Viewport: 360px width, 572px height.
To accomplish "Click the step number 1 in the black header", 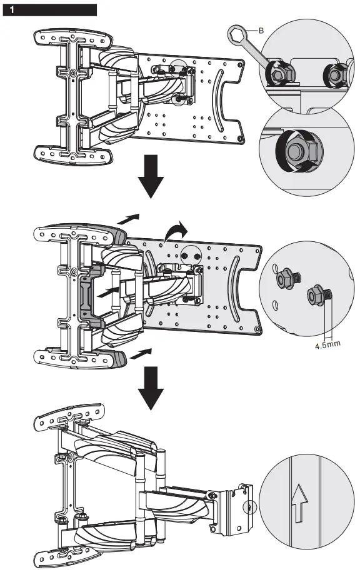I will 11,10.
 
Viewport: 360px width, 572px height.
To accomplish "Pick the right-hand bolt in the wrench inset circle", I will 332,76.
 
